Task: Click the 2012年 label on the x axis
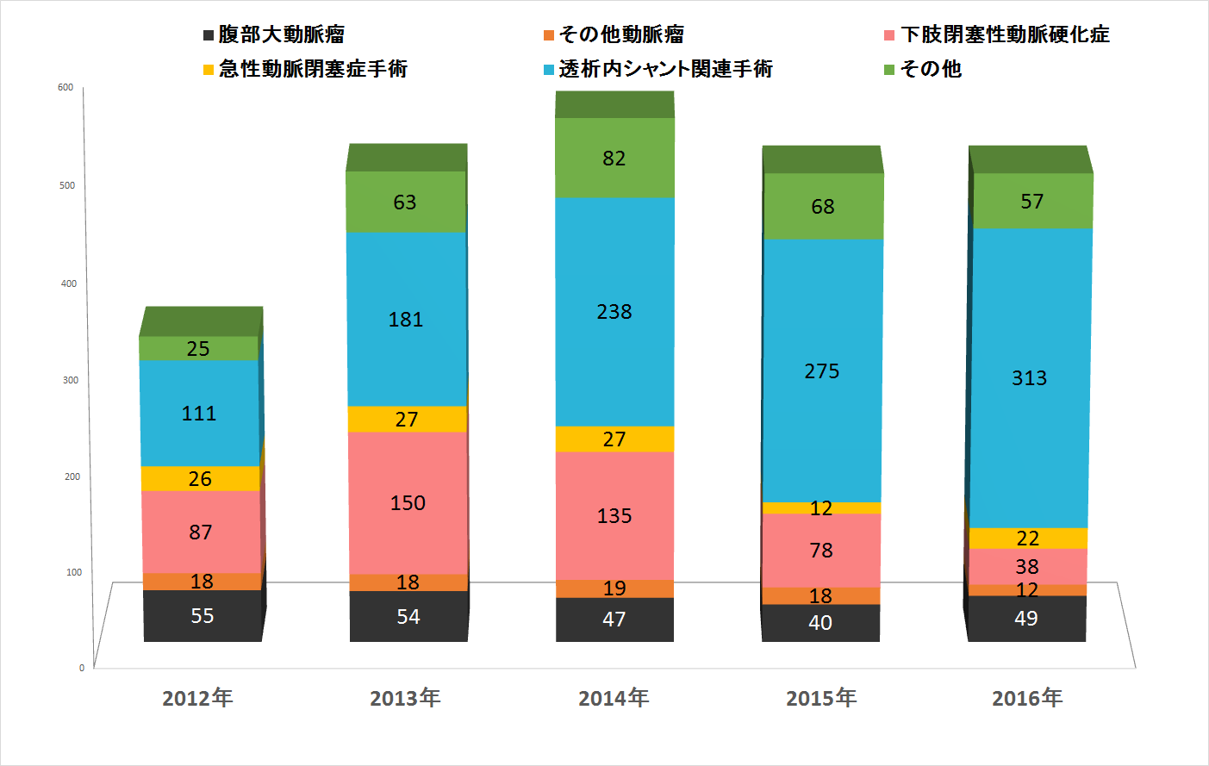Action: (197, 698)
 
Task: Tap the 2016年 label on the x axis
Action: (1027, 698)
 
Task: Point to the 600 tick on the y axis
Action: (65, 87)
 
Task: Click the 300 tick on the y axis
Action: (70, 380)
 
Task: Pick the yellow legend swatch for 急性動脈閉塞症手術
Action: (208, 70)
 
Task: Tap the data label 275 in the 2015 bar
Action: (821, 371)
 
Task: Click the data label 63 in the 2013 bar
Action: (405, 202)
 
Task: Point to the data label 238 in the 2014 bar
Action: (614, 312)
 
